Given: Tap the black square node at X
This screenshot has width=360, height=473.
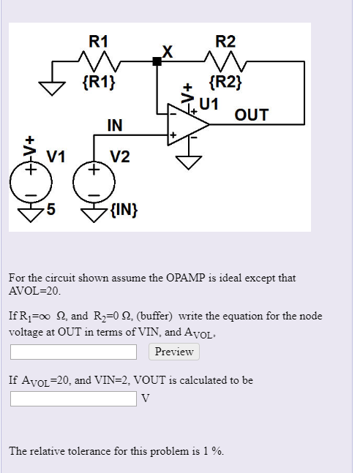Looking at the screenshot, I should pos(157,62).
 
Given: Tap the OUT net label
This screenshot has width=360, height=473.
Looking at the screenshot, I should pos(251,115).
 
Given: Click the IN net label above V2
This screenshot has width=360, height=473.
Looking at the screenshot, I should pos(114,125).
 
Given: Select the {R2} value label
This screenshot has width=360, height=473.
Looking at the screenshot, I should pos(222,81).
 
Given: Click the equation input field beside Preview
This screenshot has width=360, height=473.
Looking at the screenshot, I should pos(73,352).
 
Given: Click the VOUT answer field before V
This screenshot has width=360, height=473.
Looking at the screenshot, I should pos(73,398).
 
